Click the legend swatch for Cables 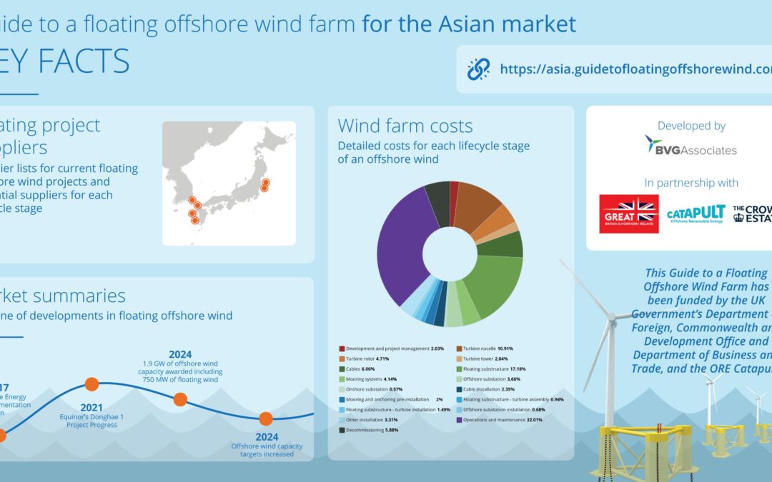pyautogui.click(x=342, y=369)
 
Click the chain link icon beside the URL pyautogui.click(x=478, y=69)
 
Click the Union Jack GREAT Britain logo pyautogui.click(x=629, y=214)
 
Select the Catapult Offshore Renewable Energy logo pyautogui.click(x=696, y=214)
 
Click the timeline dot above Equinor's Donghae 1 pyautogui.click(x=91, y=384)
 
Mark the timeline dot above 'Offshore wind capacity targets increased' pyautogui.click(x=265, y=418)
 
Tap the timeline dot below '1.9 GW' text pyautogui.click(x=180, y=399)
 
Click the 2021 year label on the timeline pyautogui.click(x=91, y=407)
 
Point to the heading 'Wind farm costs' pyautogui.click(x=405, y=126)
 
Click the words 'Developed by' pyautogui.click(x=691, y=126)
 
